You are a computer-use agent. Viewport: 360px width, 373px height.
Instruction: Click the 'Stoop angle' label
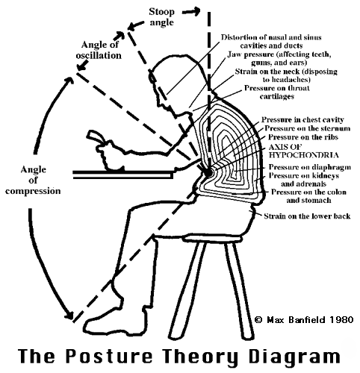161,17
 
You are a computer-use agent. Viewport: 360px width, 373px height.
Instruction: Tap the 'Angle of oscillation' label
99,50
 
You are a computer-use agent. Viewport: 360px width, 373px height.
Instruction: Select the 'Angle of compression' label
33,181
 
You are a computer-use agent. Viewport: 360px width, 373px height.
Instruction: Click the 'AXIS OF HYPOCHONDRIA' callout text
303,151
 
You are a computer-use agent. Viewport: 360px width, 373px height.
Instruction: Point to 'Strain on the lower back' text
307,216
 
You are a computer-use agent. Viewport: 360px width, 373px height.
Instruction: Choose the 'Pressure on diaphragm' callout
310,167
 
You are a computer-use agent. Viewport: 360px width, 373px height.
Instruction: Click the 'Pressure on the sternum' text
307,128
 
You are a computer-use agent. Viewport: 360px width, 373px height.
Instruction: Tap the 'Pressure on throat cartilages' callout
277,92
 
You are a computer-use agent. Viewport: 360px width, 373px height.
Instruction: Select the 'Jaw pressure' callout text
279,58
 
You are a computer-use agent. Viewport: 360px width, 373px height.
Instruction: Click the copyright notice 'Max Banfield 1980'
304,319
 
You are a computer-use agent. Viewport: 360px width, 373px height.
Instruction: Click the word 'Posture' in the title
108,356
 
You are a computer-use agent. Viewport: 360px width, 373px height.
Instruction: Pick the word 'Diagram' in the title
294,357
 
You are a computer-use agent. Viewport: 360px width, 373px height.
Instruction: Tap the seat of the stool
211,238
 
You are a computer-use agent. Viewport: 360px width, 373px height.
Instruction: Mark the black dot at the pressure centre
208,172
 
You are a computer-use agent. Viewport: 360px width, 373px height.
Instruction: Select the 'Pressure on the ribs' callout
303,137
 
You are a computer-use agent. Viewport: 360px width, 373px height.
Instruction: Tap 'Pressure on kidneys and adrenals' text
304,180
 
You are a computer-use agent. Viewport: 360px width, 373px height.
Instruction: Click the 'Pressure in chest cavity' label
302,119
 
